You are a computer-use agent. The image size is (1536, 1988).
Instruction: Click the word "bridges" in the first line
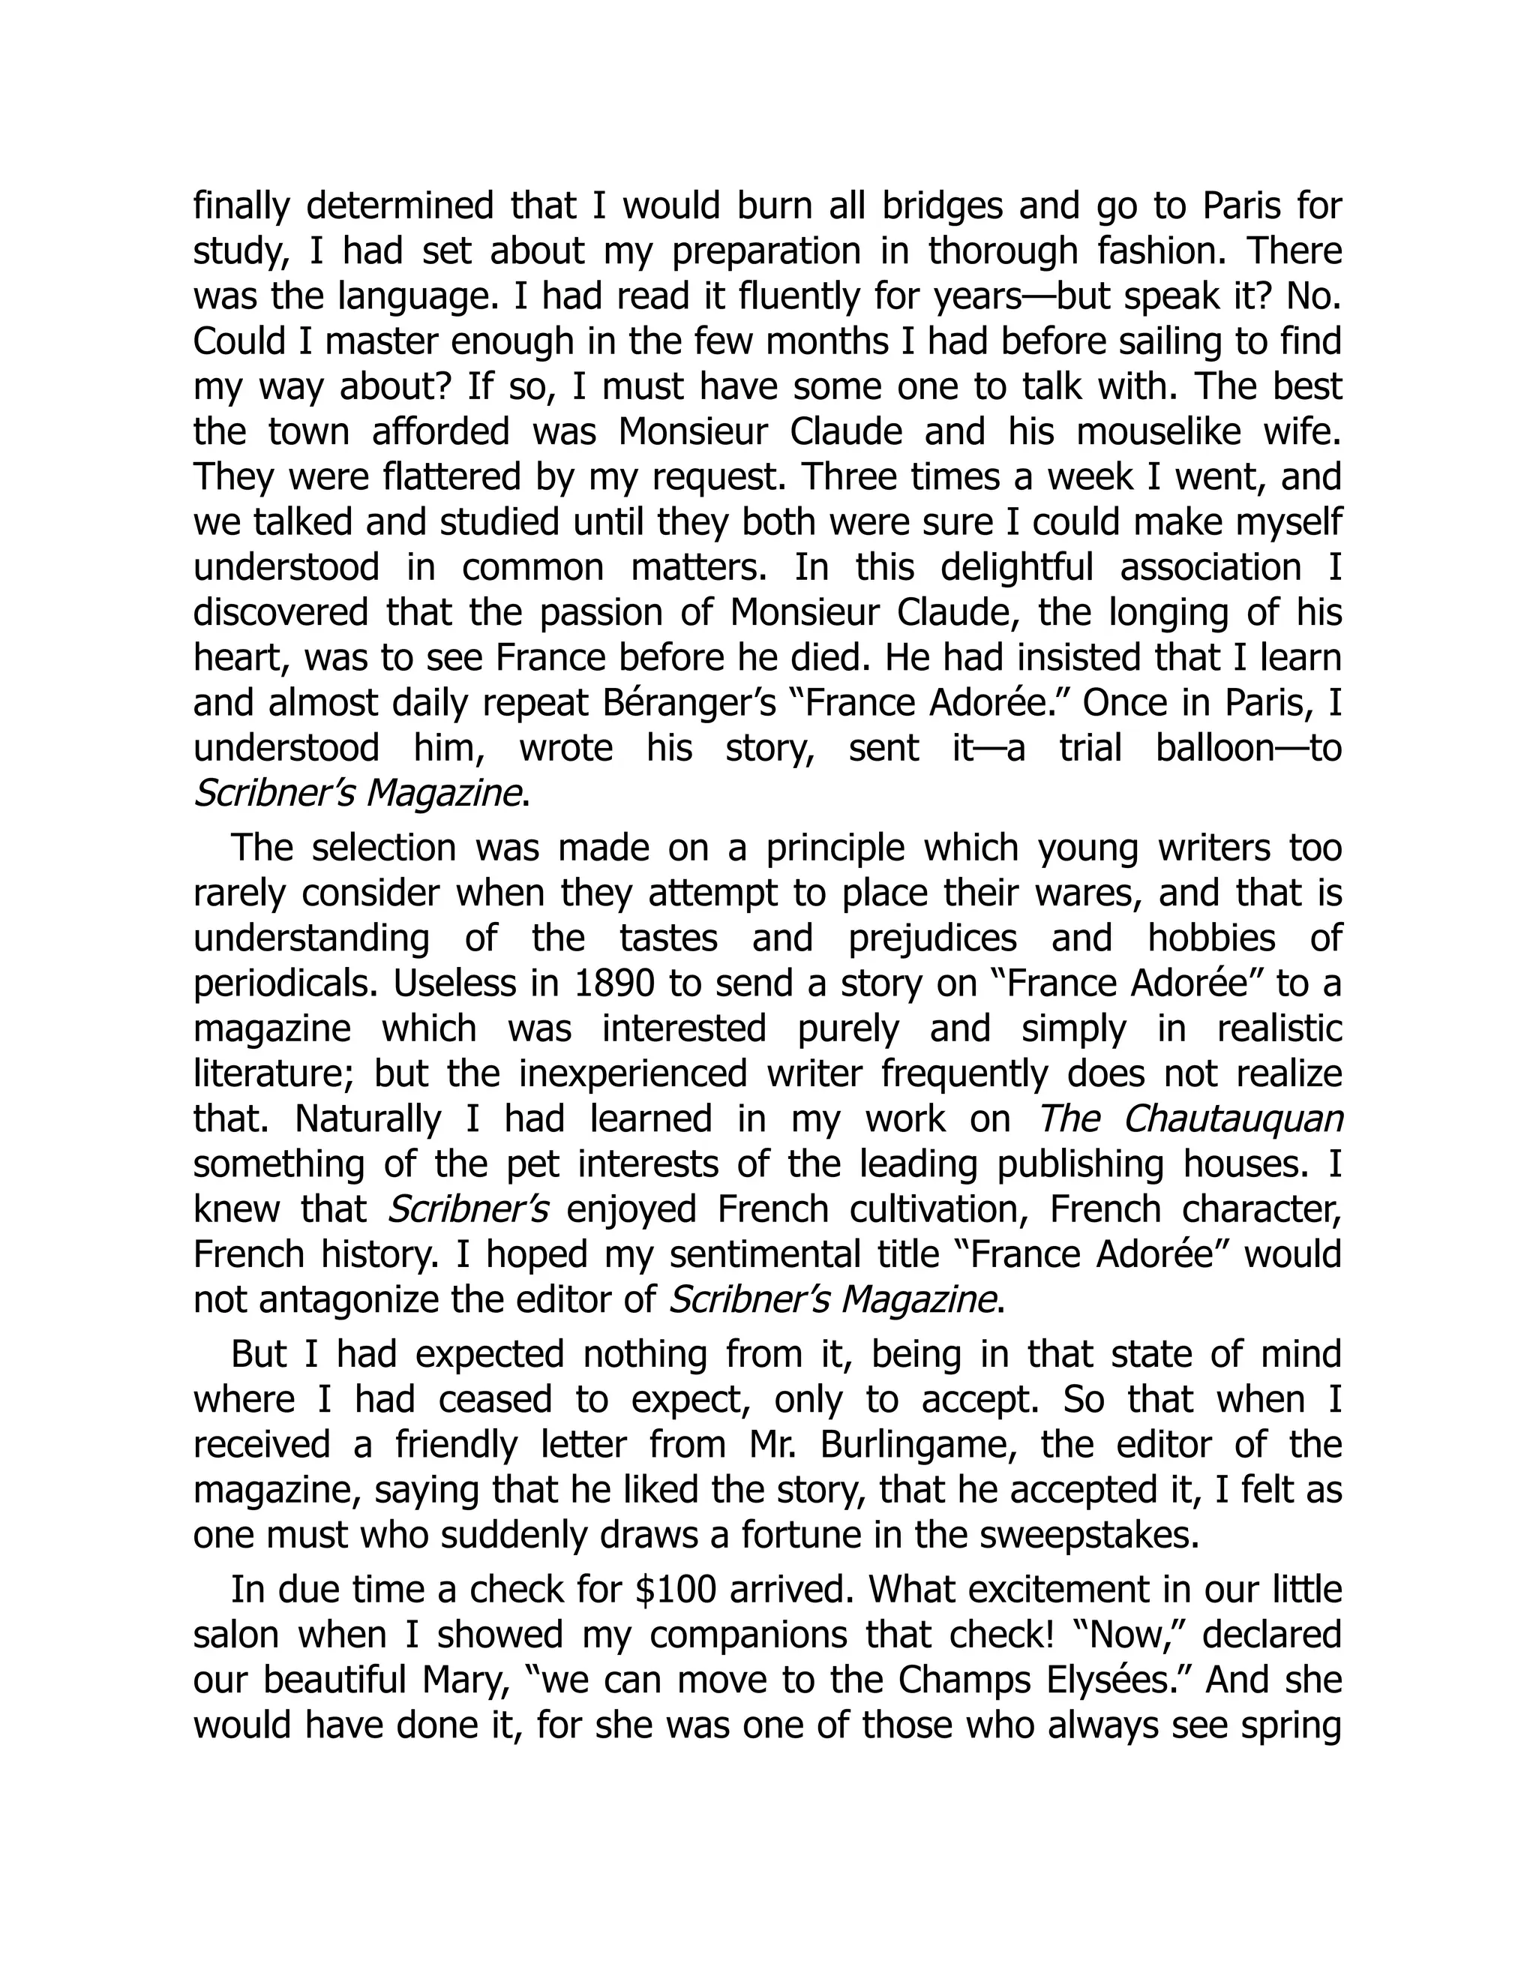click(x=942, y=206)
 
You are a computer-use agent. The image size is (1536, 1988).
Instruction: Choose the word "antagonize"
click(x=346, y=1301)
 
